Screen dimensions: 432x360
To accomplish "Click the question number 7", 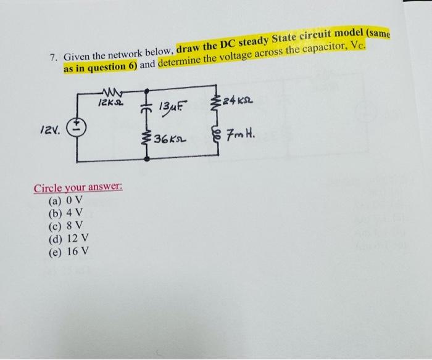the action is (53, 59).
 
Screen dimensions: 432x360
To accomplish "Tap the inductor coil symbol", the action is (215, 131).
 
